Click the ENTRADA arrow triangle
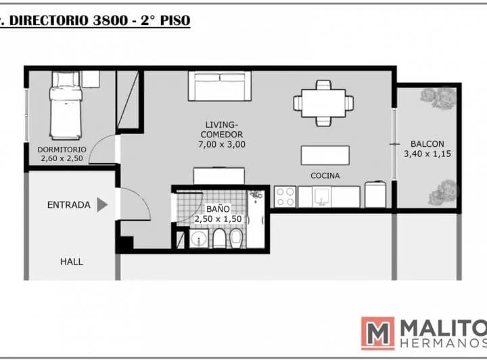click(x=102, y=204)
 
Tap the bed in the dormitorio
click(x=66, y=106)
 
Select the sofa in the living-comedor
click(x=220, y=86)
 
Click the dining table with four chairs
click(x=323, y=103)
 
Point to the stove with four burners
click(x=285, y=197)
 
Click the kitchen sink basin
click(x=321, y=197)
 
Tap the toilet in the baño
click(x=220, y=239)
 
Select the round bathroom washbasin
click(x=199, y=239)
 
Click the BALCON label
click(x=427, y=144)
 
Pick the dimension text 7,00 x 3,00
click(x=222, y=144)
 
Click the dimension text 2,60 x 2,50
click(x=62, y=158)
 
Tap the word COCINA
click(x=325, y=176)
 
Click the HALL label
click(x=72, y=262)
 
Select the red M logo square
click(x=378, y=334)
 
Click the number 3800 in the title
click(x=110, y=20)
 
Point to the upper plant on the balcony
click(x=438, y=97)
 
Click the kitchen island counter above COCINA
click(x=325, y=156)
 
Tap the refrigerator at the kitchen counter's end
click(x=375, y=194)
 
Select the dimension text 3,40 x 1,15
click(x=427, y=154)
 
